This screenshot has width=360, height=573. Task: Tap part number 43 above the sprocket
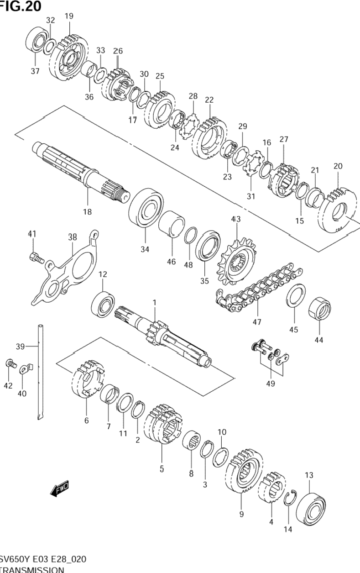236,220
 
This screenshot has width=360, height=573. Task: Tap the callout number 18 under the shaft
87,211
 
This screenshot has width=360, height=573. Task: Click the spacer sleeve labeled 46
171,224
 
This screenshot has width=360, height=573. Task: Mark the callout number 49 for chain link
271,384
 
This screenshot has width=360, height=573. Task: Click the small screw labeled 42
10,364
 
